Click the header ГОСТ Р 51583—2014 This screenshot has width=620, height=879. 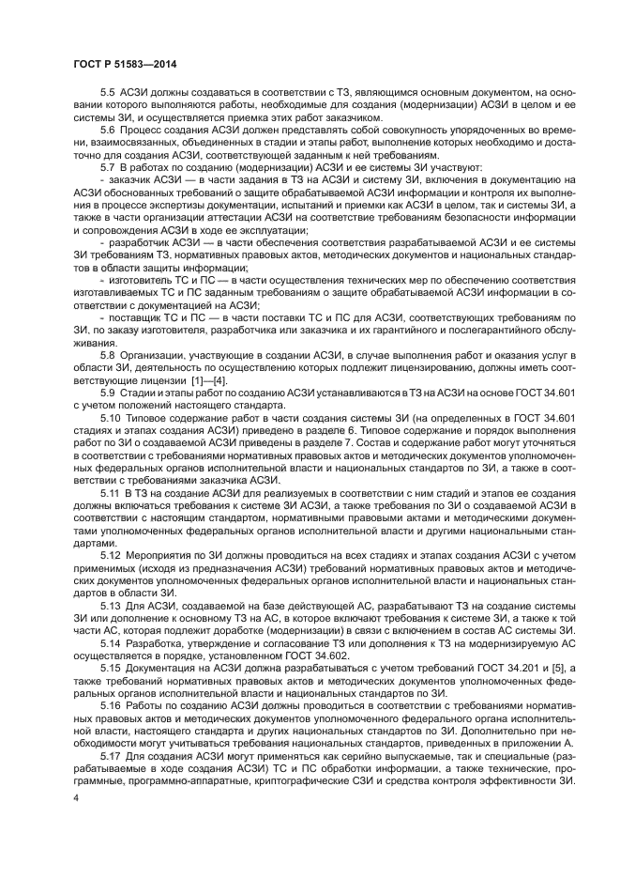coord(125,63)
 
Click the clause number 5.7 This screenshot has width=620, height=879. coord(108,168)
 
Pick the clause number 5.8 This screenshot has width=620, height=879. coord(108,354)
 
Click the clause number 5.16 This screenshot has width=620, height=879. coord(111,702)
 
